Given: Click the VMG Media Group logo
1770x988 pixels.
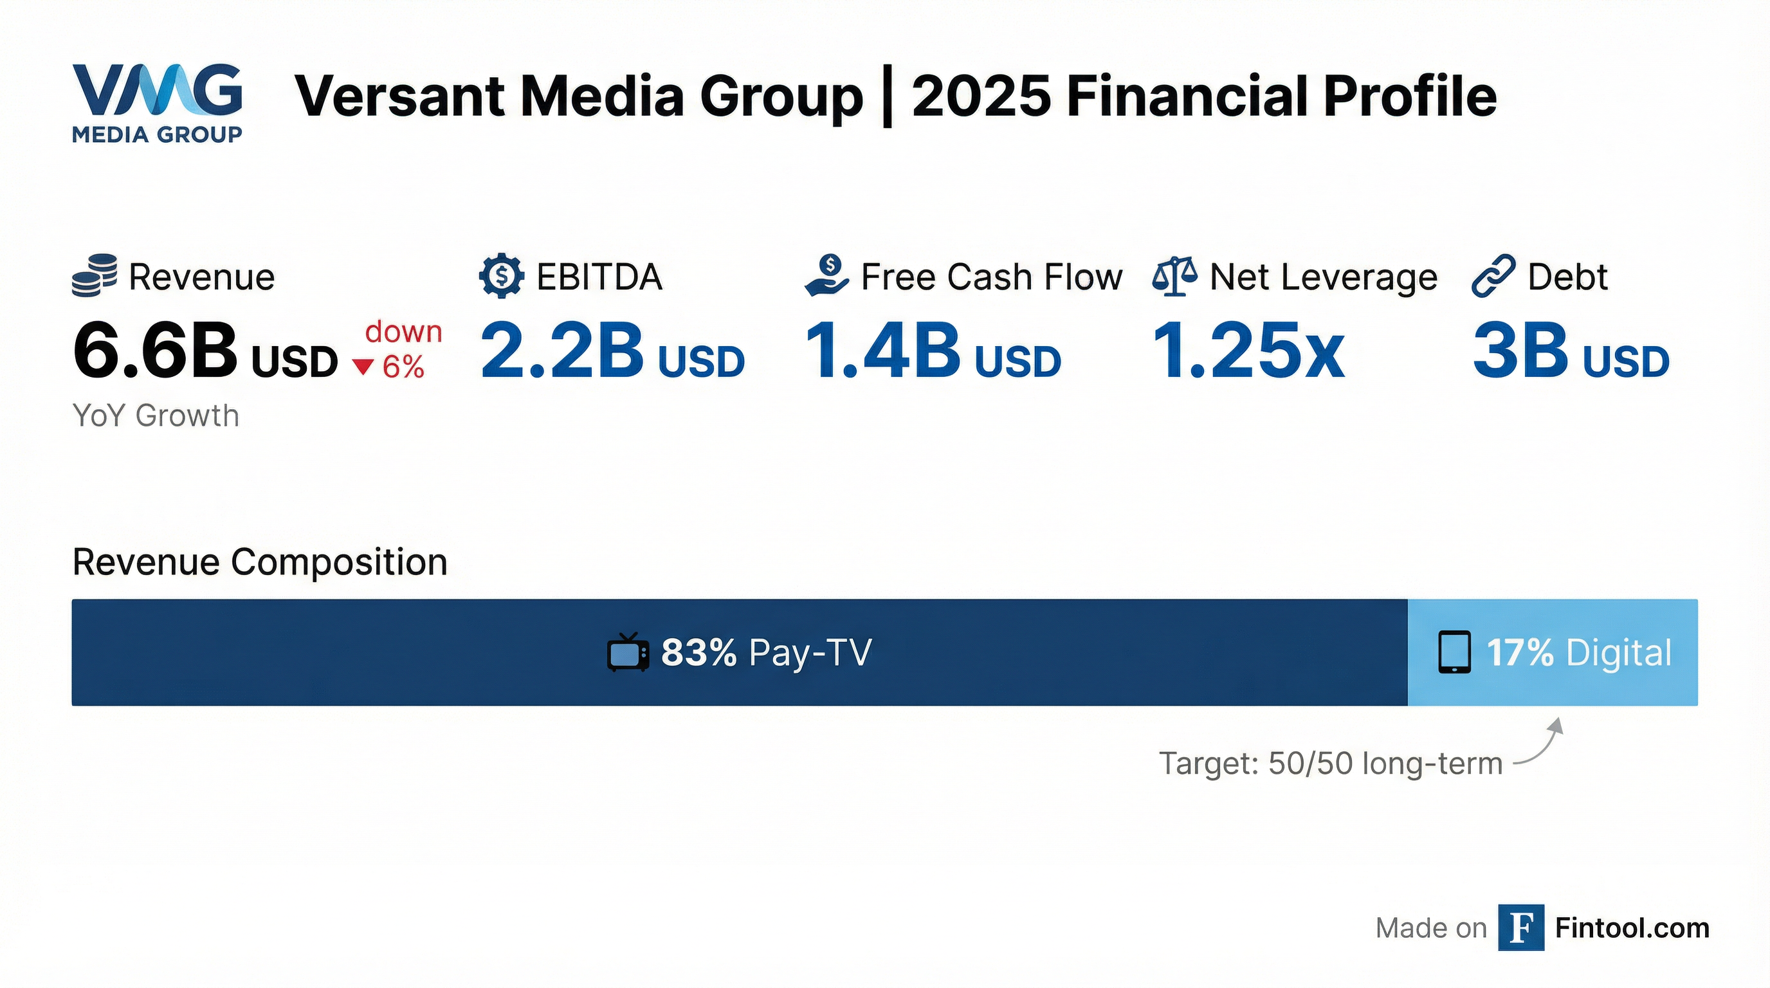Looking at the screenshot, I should (x=157, y=103).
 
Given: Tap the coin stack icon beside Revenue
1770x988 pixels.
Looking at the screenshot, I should (x=94, y=275).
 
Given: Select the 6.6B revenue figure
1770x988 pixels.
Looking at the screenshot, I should (x=155, y=351).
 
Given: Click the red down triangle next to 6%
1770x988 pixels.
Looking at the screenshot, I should (x=363, y=367).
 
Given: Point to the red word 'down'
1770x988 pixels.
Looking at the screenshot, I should (x=403, y=332).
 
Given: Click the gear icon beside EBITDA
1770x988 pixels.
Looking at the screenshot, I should (x=501, y=275).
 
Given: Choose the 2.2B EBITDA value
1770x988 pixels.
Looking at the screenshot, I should (x=562, y=351).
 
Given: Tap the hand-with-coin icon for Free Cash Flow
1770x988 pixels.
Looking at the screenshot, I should (x=826, y=275).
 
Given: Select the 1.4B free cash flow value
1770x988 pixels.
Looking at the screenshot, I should (x=882, y=351).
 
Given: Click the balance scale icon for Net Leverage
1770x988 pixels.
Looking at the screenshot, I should (x=1174, y=276).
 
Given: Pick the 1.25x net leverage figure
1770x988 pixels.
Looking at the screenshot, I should (x=1248, y=351).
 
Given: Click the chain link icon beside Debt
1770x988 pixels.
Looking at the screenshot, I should (x=1493, y=276).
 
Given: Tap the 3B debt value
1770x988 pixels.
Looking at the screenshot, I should (x=1520, y=351).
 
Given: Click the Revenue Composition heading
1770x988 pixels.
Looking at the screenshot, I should (x=260, y=562).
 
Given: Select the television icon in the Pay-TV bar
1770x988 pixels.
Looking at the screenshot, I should (x=627, y=652).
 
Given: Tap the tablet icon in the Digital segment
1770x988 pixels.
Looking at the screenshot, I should (x=1455, y=652).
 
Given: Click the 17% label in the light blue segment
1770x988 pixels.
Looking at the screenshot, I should (x=1520, y=652).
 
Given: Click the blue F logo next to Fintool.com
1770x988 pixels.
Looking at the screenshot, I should (x=1521, y=928).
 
